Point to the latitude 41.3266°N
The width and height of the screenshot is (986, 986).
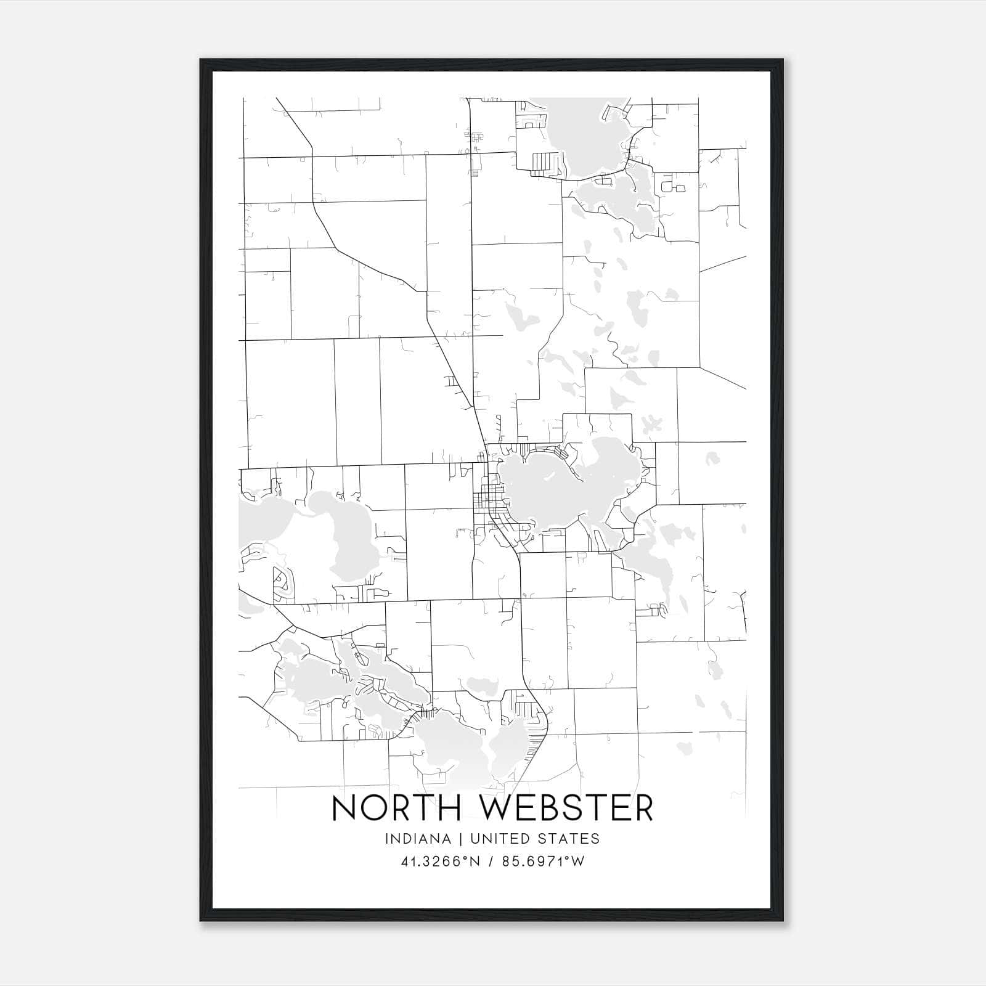point(440,862)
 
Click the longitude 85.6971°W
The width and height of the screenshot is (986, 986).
point(543,862)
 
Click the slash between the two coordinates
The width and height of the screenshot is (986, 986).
point(491,862)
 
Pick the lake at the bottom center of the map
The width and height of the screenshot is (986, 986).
point(456,752)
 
